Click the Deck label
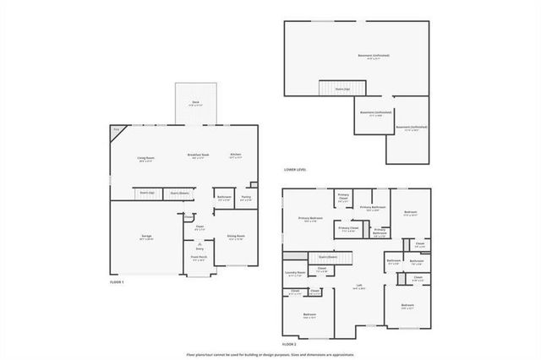tap(195, 102)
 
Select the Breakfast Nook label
tap(199, 155)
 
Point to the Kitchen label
tap(237, 155)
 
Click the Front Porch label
tap(198, 259)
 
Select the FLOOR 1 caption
tap(117, 281)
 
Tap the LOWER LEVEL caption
tap(295, 170)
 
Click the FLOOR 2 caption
tap(289, 345)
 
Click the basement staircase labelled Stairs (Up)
tap(342, 87)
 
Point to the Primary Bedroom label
tap(311, 218)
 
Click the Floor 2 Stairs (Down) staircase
tap(328, 257)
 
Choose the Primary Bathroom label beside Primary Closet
tap(373, 207)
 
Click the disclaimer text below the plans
tap(270, 355)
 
